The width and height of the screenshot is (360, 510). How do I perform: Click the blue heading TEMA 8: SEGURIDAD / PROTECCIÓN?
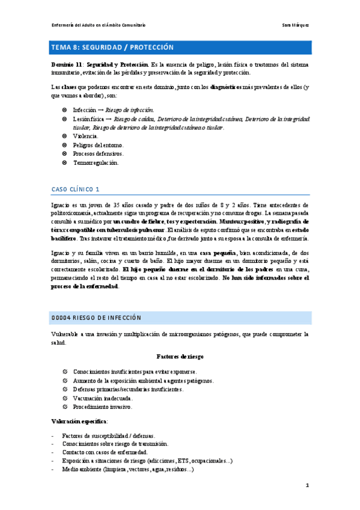tap(112, 47)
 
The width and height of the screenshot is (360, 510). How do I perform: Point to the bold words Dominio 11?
tap(66, 64)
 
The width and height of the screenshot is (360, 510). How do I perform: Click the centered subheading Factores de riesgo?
tap(180, 356)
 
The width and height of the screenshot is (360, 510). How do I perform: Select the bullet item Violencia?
tap(85, 136)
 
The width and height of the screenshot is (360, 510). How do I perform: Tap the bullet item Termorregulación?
tap(96, 162)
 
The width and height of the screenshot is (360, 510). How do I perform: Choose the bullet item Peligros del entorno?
tap(99, 145)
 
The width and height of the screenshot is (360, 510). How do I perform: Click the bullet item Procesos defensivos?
tap(98, 154)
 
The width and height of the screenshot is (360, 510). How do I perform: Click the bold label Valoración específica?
tap(78, 421)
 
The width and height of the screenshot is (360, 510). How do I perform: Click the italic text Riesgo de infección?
tap(129, 110)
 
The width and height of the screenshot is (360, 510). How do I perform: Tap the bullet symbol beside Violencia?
tap(64, 136)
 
